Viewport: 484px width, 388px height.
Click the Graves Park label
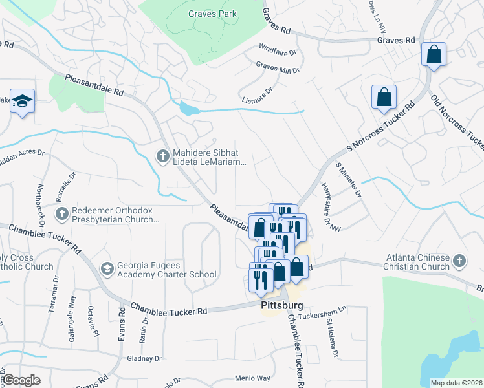pyautogui.click(x=212, y=14)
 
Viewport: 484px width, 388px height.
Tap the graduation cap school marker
pyautogui.click(x=22, y=102)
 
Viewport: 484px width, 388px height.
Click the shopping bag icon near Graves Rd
pyautogui.click(x=434, y=55)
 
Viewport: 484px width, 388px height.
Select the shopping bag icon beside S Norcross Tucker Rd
pyautogui.click(x=384, y=97)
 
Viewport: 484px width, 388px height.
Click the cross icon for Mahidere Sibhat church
pyautogui.click(x=163, y=154)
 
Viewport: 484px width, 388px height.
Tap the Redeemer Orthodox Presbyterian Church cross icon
pyautogui.click(x=61, y=213)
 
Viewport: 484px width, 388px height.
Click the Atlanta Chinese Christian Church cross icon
pyautogui.click(x=459, y=261)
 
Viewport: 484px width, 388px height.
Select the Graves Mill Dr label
pyautogui.click(x=278, y=67)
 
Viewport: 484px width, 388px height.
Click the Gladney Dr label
pyautogui.click(x=144, y=358)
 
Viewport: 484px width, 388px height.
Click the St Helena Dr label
pyautogui.click(x=333, y=336)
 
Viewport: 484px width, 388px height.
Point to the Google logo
pyautogui.click(x=21, y=380)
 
